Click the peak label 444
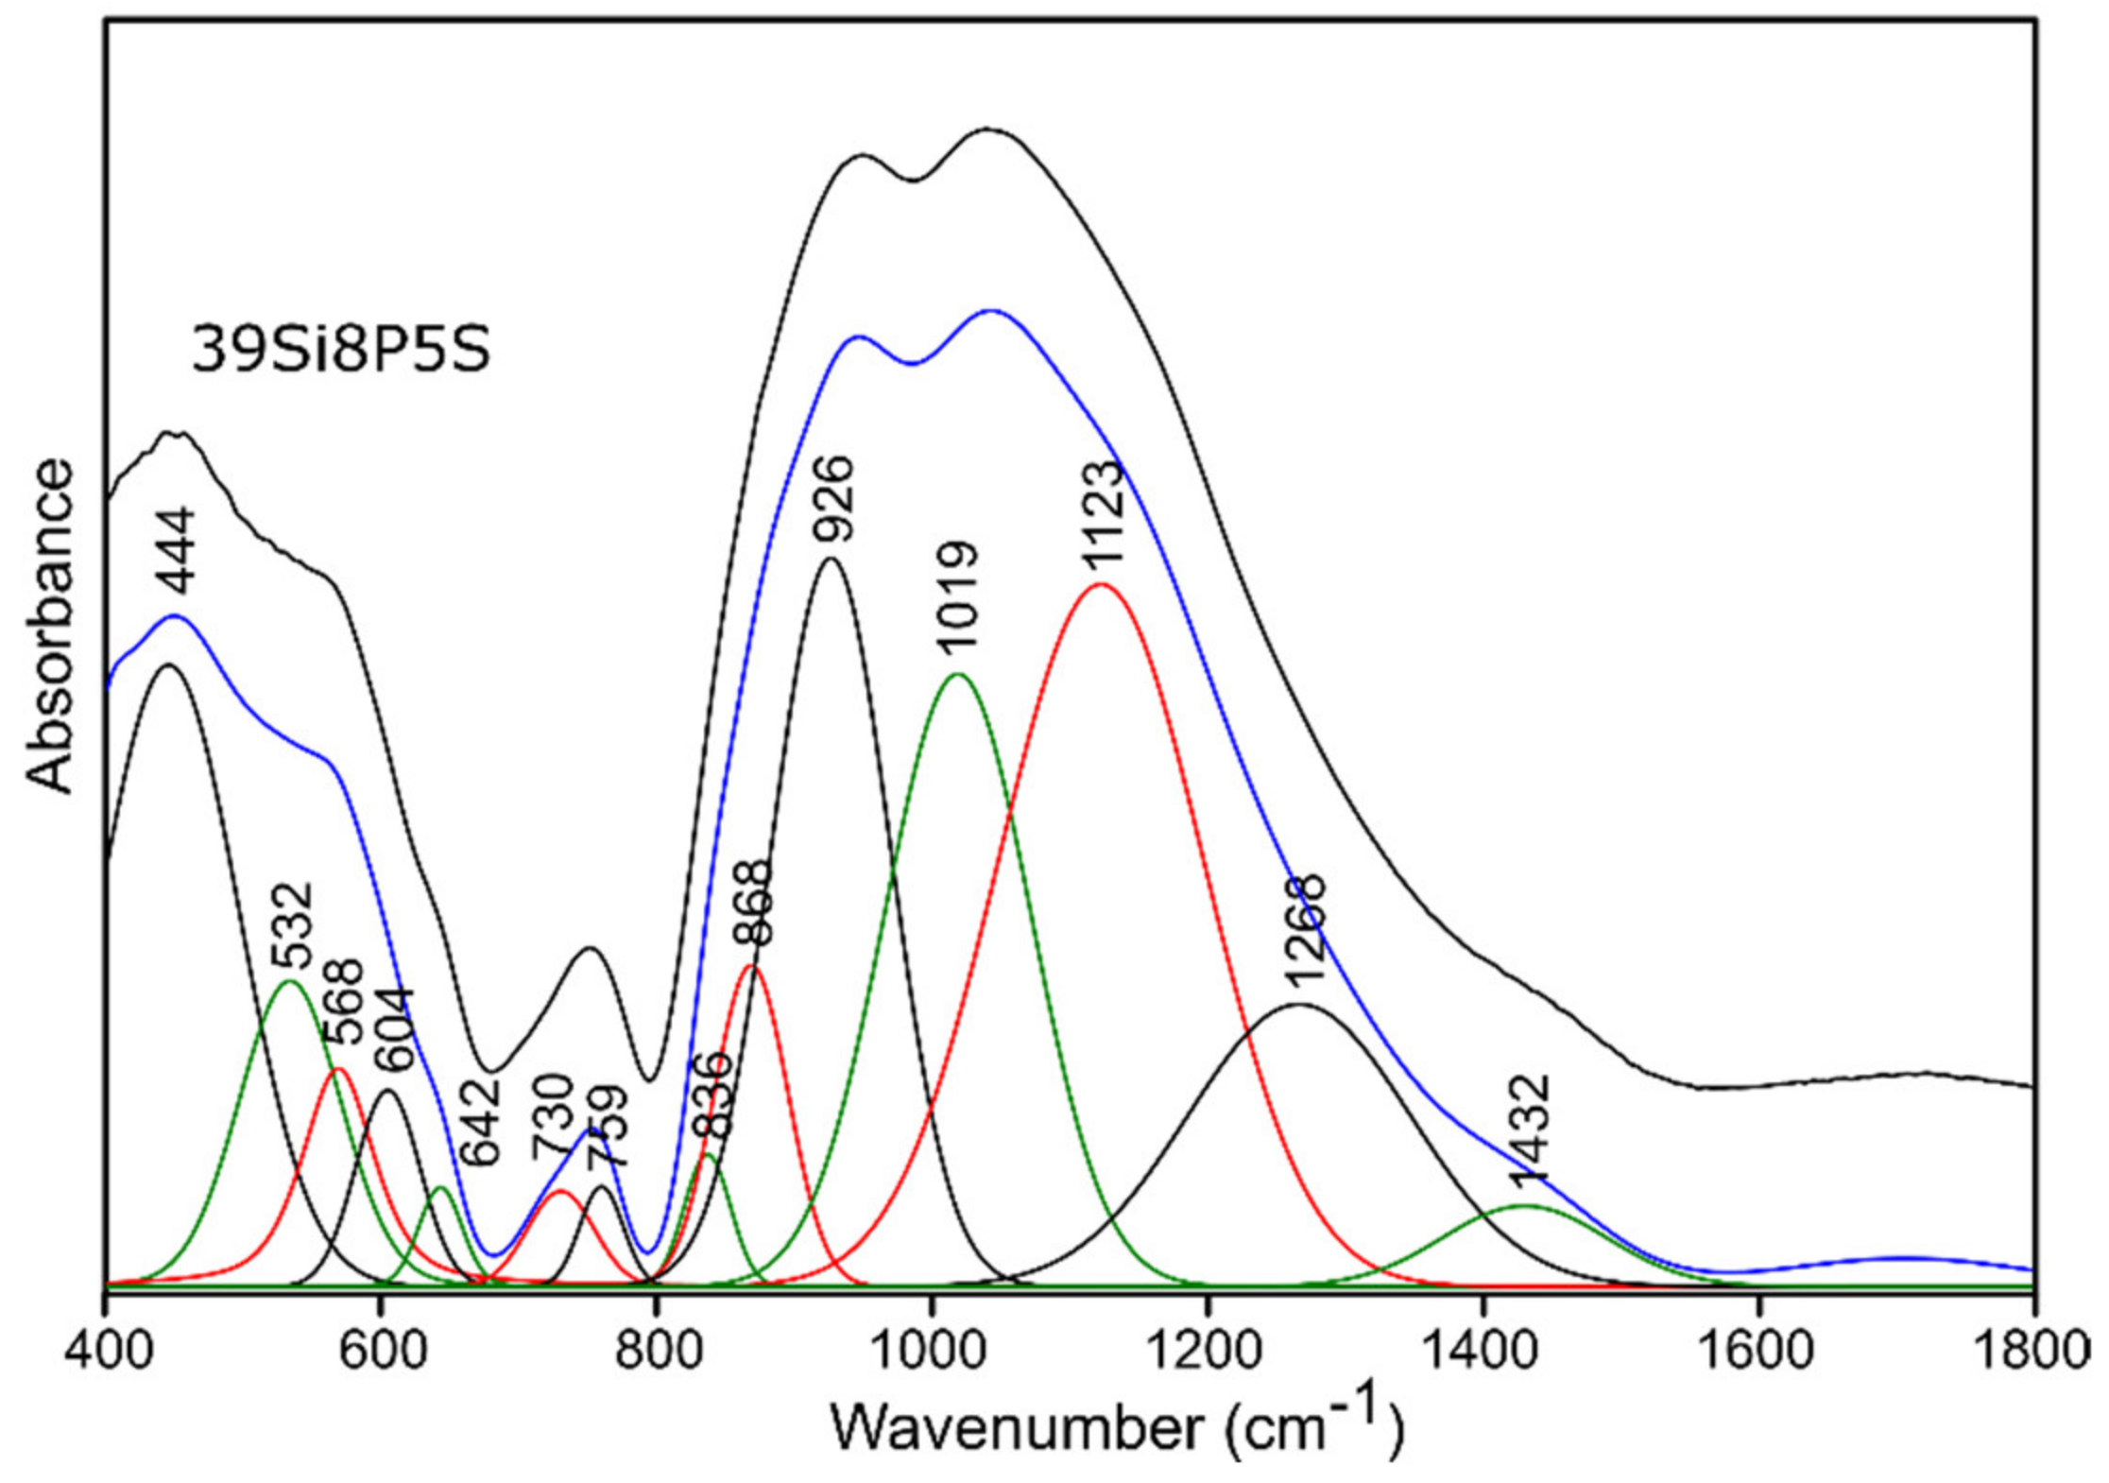click(x=176, y=551)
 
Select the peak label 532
click(x=291, y=925)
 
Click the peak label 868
click(x=753, y=904)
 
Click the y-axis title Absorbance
click(x=49, y=627)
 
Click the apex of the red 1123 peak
click(x=1099, y=584)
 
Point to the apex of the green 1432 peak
click(x=1524, y=1205)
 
